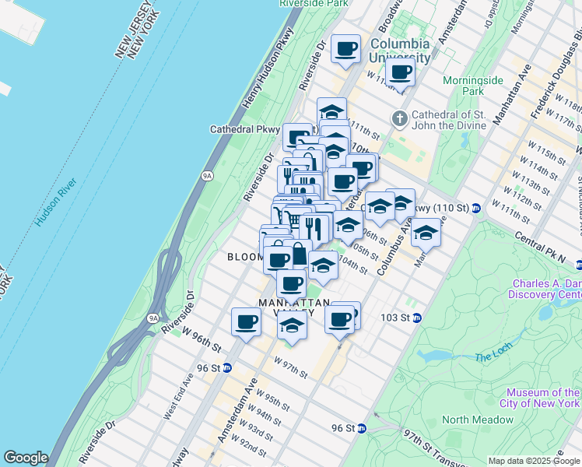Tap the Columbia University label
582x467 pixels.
click(x=400, y=51)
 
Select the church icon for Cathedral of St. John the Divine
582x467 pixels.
click(x=400, y=118)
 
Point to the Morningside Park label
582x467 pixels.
click(x=463, y=86)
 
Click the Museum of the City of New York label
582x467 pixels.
click(x=542, y=398)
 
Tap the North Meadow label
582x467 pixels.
click(x=478, y=420)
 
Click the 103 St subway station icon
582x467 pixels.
click(x=416, y=318)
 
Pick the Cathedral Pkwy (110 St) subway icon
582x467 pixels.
click(x=475, y=209)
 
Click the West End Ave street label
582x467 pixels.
click(x=178, y=396)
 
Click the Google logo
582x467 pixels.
click(x=26, y=458)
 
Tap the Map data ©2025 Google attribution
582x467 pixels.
click(x=534, y=462)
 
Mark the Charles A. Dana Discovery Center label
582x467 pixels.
click(x=545, y=289)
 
